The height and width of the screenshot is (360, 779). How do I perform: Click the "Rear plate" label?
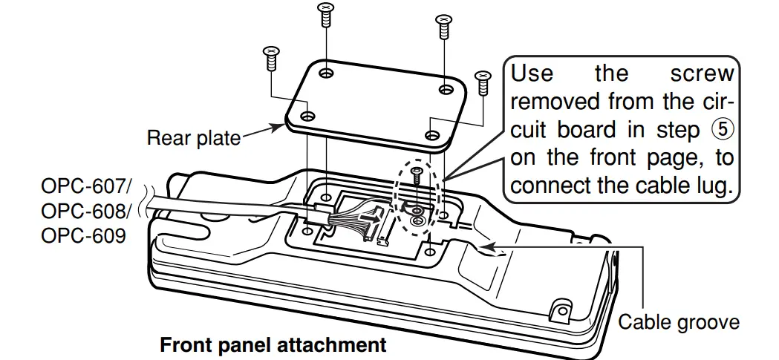pyautogui.click(x=193, y=137)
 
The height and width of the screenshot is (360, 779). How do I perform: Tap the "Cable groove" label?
pyautogui.click(x=679, y=321)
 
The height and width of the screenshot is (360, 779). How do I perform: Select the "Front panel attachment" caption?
pyautogui.click(x=273, y=345)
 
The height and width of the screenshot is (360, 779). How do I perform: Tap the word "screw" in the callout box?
pyautogui.click(x=701, y=74)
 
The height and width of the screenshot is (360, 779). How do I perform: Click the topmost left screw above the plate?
pyautogui.click(x=325, y=13)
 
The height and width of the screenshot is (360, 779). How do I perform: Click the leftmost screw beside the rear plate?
pyautogui.click(x=270, y=57)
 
